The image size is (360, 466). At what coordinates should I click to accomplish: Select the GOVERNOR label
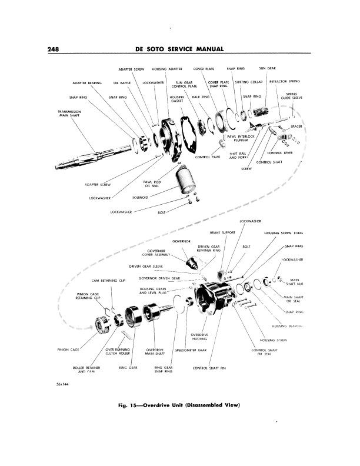pos(181,241)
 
